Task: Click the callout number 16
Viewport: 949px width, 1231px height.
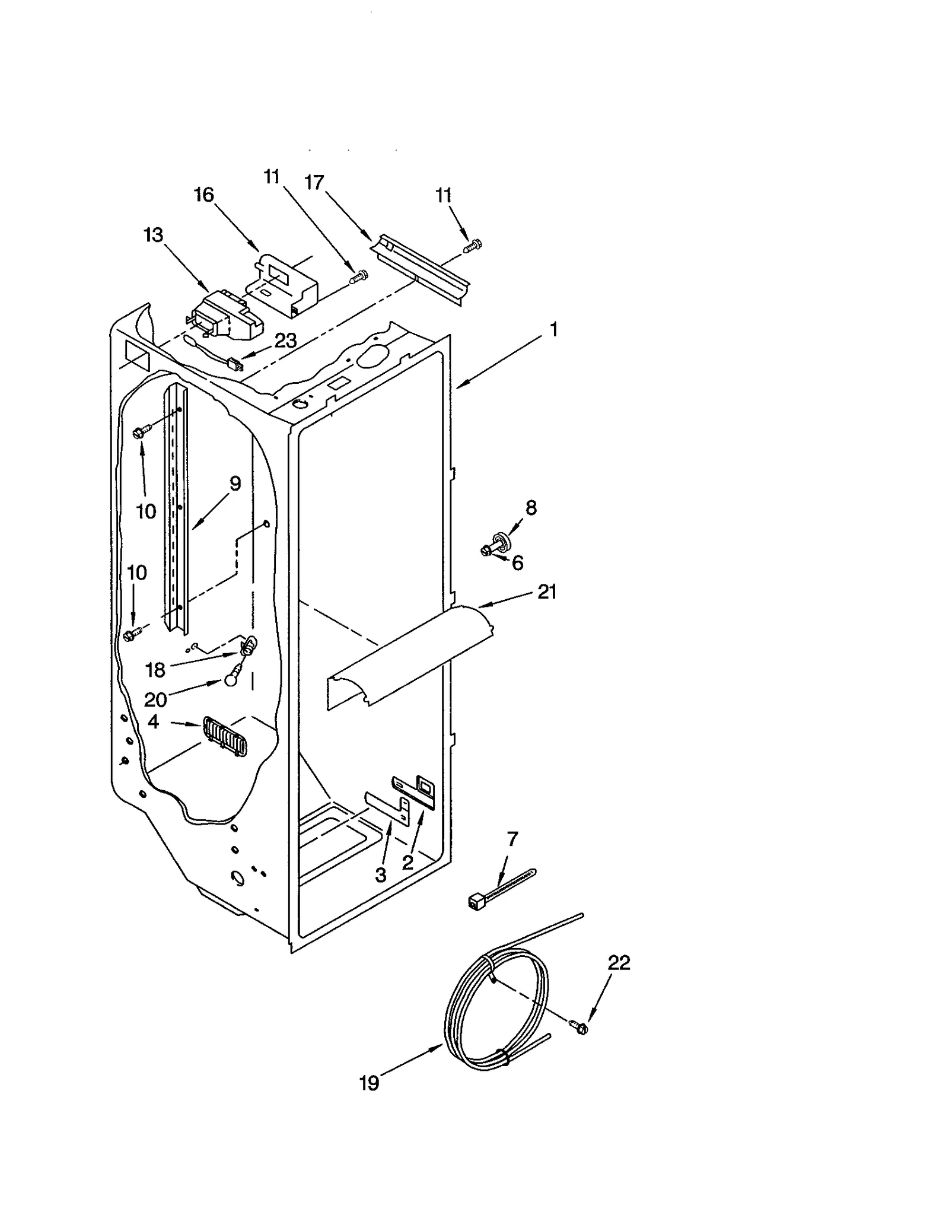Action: (203, 195)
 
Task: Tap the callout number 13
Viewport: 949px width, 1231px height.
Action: (153, 235)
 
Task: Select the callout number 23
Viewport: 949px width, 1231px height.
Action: (285, 341)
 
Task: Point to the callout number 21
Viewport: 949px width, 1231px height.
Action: (546, 591)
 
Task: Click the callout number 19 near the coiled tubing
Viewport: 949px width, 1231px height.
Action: (368, 1083)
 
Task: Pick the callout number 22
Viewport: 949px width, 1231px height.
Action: (618, 962)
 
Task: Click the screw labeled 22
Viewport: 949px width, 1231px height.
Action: (579, 1028)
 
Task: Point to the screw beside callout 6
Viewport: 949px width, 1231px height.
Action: (489, 550)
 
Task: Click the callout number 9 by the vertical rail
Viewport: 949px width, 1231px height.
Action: (235, 484)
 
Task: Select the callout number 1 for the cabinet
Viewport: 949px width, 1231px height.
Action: (553, 329)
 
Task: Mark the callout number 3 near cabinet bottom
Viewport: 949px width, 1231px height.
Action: (380, 874)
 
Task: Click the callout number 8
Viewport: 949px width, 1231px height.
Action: (531, 507)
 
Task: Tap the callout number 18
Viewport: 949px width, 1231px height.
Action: (155, 670)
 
